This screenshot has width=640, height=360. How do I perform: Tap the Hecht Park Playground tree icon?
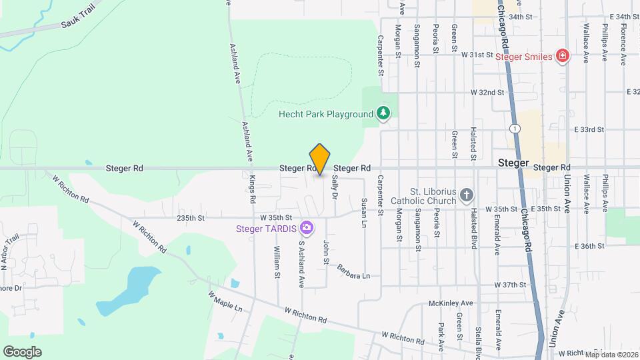[383, 113]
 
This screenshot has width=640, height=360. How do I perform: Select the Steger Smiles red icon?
[563, 56]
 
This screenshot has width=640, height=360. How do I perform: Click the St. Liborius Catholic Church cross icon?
[467, 195]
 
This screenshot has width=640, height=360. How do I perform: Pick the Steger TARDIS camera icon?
[306, 229]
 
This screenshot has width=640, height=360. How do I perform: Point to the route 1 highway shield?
[515, 127]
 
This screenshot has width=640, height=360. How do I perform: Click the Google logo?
[22, 351]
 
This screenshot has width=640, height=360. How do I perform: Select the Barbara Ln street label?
[353, 273]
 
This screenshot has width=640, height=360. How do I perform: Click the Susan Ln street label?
[364, 212]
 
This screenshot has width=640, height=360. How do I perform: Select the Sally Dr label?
[335, 187]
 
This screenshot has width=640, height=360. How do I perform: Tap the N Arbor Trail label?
[8, 254]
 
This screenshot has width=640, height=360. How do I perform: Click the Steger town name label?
[513, 163]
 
